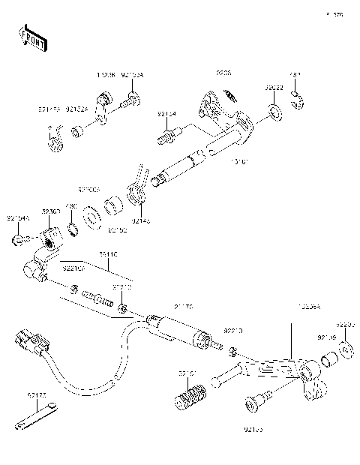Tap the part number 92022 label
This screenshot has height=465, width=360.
(x=274, y=88)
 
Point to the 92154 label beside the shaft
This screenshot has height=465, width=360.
(x=166, y=114)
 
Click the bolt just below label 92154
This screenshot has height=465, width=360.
(x=167, y=137)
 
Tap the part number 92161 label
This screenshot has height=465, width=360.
(x=188, y=373)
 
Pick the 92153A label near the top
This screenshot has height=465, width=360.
(x=132, y=76)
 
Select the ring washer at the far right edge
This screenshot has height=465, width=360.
(x=347, y=349)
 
